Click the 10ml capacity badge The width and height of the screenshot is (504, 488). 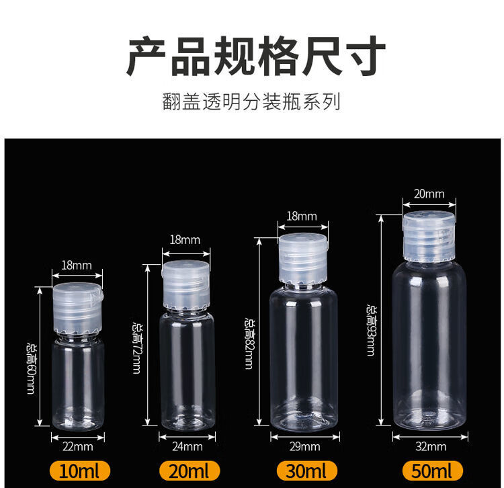80,471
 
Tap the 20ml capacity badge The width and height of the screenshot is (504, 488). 190,471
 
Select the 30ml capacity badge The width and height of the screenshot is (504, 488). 307,471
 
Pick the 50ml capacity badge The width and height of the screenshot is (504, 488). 433,471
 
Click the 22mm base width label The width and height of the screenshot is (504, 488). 78,446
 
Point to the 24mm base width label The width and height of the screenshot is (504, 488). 187,446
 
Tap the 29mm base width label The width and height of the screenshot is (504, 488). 304,446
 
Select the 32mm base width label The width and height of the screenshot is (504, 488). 431,446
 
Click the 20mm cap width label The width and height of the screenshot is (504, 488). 429,194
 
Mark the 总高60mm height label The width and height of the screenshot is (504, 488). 31,369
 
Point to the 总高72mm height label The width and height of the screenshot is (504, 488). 136,348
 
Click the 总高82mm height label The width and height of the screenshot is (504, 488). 249,343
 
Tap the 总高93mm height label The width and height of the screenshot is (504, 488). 370,331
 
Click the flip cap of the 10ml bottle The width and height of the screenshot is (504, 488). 78,308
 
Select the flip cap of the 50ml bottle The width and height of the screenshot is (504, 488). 429,236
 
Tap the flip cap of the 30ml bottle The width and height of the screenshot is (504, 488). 303,259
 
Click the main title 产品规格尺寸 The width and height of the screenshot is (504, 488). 256,56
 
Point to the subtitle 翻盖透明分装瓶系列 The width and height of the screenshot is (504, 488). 251,101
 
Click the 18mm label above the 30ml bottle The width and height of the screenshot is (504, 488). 302,216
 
